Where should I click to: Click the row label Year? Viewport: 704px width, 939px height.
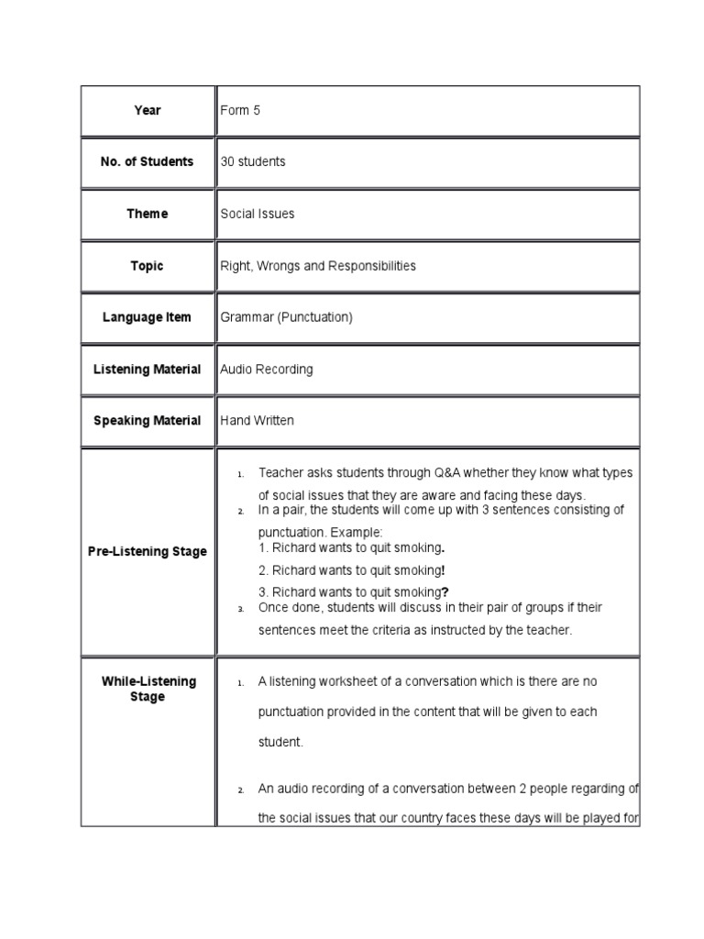coord(147,110)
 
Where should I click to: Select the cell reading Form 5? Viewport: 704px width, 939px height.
coord(240,110)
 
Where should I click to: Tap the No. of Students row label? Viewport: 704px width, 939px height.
coord(147,161)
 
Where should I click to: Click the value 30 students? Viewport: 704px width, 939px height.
coord(253,161)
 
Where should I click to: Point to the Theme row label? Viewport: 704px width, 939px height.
coord(147,214)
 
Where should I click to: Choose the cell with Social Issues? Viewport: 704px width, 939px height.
coord(258,214)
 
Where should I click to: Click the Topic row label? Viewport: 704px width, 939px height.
coord(147,266)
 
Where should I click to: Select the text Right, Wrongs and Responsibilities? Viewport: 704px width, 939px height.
coord(318,266)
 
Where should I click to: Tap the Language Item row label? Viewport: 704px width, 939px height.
coord(147,317)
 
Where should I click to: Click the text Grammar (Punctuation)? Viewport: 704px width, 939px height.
coord(286,317)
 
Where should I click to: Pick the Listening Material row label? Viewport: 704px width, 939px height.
coord(147,370)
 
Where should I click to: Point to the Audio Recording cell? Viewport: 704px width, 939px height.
coord(267,370)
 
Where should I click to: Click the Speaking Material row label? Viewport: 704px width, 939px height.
coord(147,421)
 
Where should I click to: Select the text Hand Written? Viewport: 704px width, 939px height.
coord(258,421)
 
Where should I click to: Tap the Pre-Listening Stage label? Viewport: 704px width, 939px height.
coord(147,552)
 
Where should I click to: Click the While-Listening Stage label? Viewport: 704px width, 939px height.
coord(147,690)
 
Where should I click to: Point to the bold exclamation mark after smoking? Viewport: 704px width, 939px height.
coord(444,569)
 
